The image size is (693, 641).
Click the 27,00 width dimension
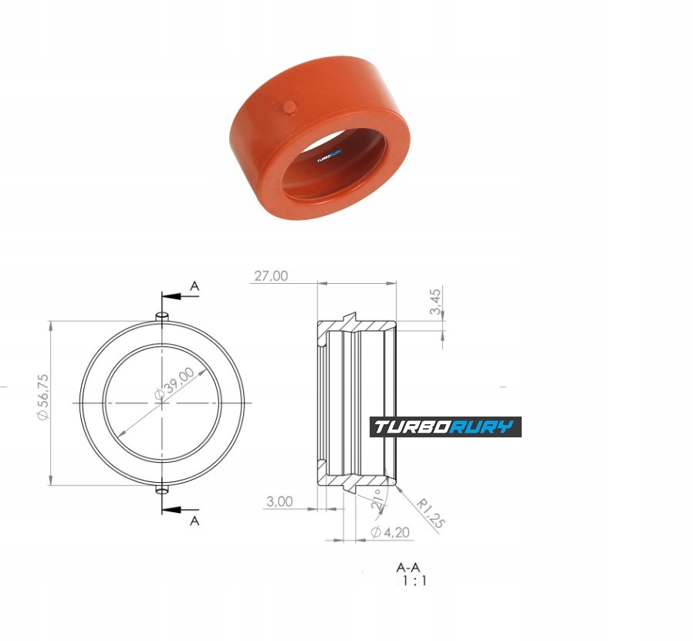coord(271,275)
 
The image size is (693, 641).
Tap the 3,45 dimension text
coord(435,302)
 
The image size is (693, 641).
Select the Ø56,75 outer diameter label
coord(44,396)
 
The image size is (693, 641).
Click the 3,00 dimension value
coord(279,501)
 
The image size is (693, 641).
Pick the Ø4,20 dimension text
coord(390,532)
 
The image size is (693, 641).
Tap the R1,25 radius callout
coord(431,513)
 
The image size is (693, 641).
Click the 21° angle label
coord(377,500)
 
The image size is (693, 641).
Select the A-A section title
coord(408,567)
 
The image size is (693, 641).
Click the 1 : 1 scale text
coord(414,581)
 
